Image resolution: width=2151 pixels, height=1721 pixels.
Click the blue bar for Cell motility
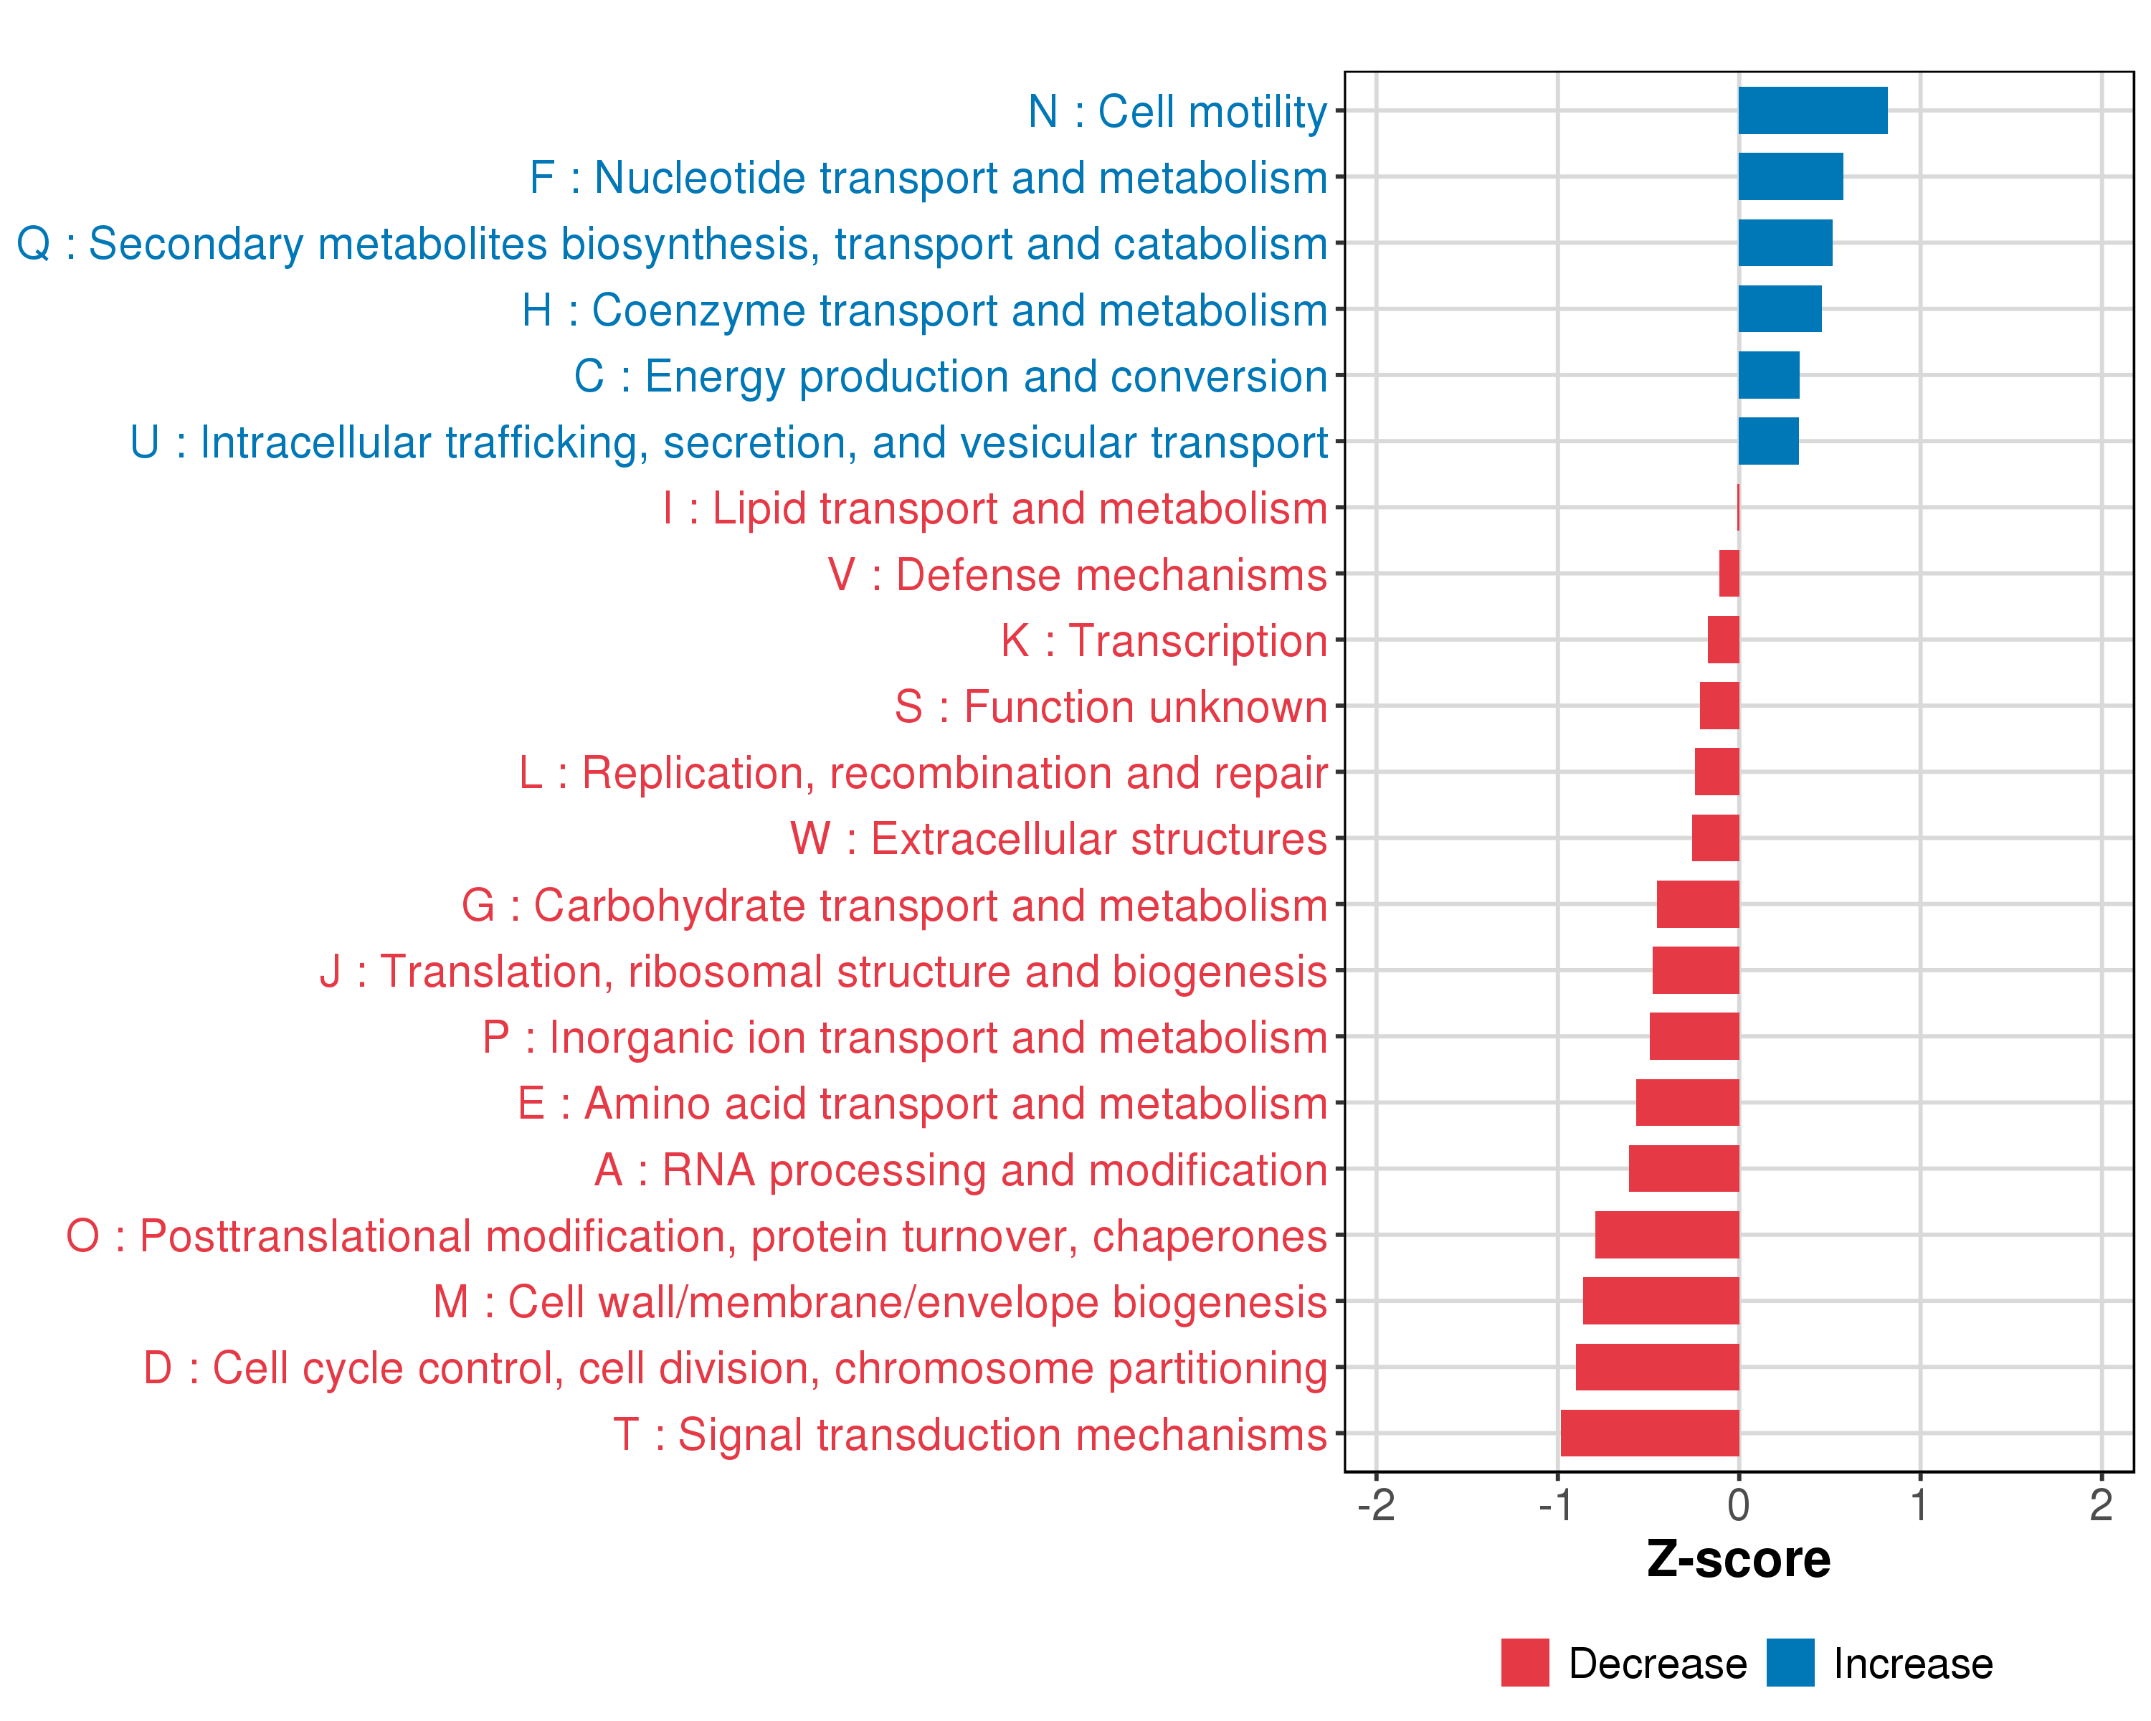click(1812, 110)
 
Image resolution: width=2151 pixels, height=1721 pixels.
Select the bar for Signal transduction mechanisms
click(1649, 1433)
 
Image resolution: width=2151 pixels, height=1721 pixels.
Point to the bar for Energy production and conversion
click(1768, 375)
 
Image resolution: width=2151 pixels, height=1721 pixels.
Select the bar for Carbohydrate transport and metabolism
click(1697, 904)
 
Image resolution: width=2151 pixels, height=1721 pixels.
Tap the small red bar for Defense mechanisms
click(1728, 574)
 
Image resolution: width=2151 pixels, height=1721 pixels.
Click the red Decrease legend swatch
click(1524, 1662)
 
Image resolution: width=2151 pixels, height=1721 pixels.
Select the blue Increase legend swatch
click(1790, 1662)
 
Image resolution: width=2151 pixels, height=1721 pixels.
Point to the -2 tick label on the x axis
click(1376, 1504)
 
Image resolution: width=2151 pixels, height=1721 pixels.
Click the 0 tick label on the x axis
click(1738, 1504)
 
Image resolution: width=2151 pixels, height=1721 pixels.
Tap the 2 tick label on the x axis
click(2100, 1504)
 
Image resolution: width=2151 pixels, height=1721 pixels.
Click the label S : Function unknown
click(1111, 706)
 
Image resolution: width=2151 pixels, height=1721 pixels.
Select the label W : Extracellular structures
click(1058, 839)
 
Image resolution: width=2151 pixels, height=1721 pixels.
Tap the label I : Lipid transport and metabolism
click(994, 508)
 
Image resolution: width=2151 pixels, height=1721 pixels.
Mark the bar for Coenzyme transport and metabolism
click(1779, 309)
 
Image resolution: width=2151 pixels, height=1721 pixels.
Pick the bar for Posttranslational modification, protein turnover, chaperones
click(1666, 1235)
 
